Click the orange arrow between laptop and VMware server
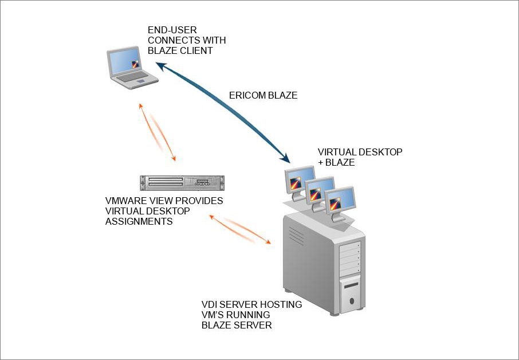157,132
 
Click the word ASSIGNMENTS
139,222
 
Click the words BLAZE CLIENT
180,50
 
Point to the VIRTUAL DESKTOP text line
360,152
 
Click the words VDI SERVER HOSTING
251,304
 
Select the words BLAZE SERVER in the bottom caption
237,325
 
